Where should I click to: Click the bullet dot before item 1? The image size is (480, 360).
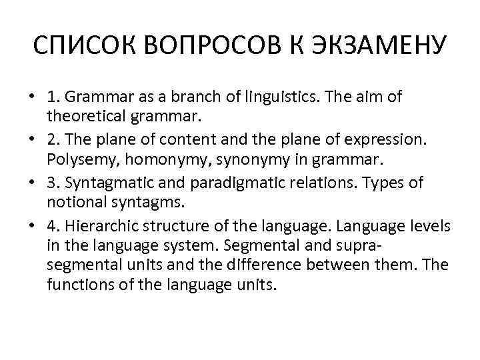pyautogui.click(x=31, y=97)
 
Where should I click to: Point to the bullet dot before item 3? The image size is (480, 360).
pyautogui.click(x=31, y=183)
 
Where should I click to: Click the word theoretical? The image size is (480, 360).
pyautogui.click(x=84, y=119)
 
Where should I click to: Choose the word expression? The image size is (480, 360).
pyautogui.click(x=386, y=141)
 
